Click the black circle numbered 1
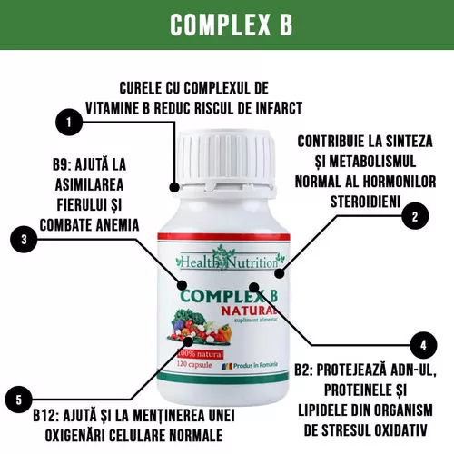[x=69, y=122]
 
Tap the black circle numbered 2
[x=415, y=216]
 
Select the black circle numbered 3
[x=24, y=240]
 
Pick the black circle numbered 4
[x=423, y=345]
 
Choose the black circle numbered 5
[x=19, y=400]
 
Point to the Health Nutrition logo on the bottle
[x=230, y=260]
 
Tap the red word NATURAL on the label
[x=249, y=311]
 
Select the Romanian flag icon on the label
[x=227, y=367]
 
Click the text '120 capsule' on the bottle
[x=194, y=364]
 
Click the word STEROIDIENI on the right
[x=365, y=202]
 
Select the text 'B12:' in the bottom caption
[x=45, y=416]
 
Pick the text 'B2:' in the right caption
[x=303, y=370]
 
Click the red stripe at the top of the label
[x=223, y=236]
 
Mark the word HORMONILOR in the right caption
[x=400, y=182]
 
